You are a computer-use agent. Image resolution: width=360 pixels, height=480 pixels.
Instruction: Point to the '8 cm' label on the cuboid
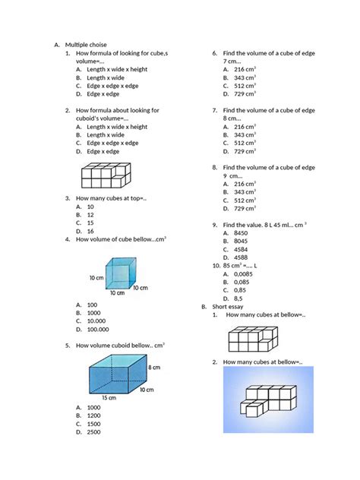(x=155, y=367)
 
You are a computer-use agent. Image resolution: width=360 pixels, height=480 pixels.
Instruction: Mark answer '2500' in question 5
(x=93, y=432)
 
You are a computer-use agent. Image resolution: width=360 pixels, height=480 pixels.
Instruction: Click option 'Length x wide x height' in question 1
(x=117, y=69)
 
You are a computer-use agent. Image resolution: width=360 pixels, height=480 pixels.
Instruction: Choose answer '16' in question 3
(x=90, y=231)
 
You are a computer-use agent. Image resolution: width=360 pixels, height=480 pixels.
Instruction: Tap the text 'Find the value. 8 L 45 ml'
(x=264, y=225)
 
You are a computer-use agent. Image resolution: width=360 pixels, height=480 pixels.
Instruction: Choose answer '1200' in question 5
(x=93, y=415)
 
